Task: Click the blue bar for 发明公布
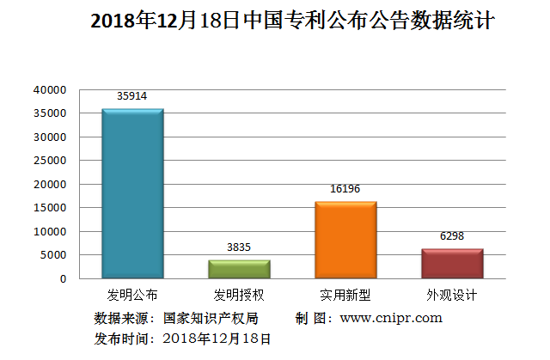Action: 132,193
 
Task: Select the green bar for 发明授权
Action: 239,269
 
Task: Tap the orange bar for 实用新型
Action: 345,240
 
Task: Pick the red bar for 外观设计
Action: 452,263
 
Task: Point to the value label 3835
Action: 239,247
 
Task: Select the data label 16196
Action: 345,189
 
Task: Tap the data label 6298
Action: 452,235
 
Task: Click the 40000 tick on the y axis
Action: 50,89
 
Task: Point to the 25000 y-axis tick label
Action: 50,161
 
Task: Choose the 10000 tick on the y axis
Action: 50,231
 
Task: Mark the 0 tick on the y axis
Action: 62,278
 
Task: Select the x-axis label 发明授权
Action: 239,295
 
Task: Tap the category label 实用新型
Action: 345,295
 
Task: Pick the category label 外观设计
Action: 452,295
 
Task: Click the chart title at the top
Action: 292,21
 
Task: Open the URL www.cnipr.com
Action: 391,318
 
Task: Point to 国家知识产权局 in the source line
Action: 211,318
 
